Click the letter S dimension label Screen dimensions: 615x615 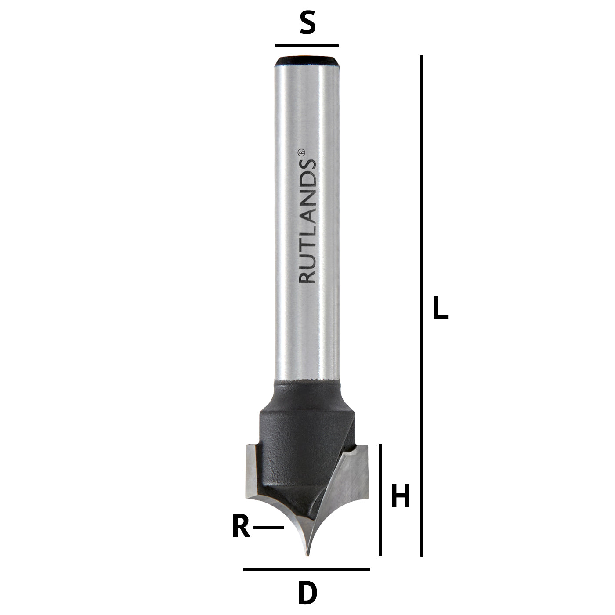click(307, 25)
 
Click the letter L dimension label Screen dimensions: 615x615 click(440, 308)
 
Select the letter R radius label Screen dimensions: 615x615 click(241, 527)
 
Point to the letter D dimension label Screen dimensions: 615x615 click(307, 594)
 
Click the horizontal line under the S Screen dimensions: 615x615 click(307, 46)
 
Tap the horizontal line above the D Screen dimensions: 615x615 click(307, 570)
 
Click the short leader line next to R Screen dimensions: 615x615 click(269, 527)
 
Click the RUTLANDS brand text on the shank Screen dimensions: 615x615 click(307, 220)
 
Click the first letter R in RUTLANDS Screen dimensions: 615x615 click(307, 276)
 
